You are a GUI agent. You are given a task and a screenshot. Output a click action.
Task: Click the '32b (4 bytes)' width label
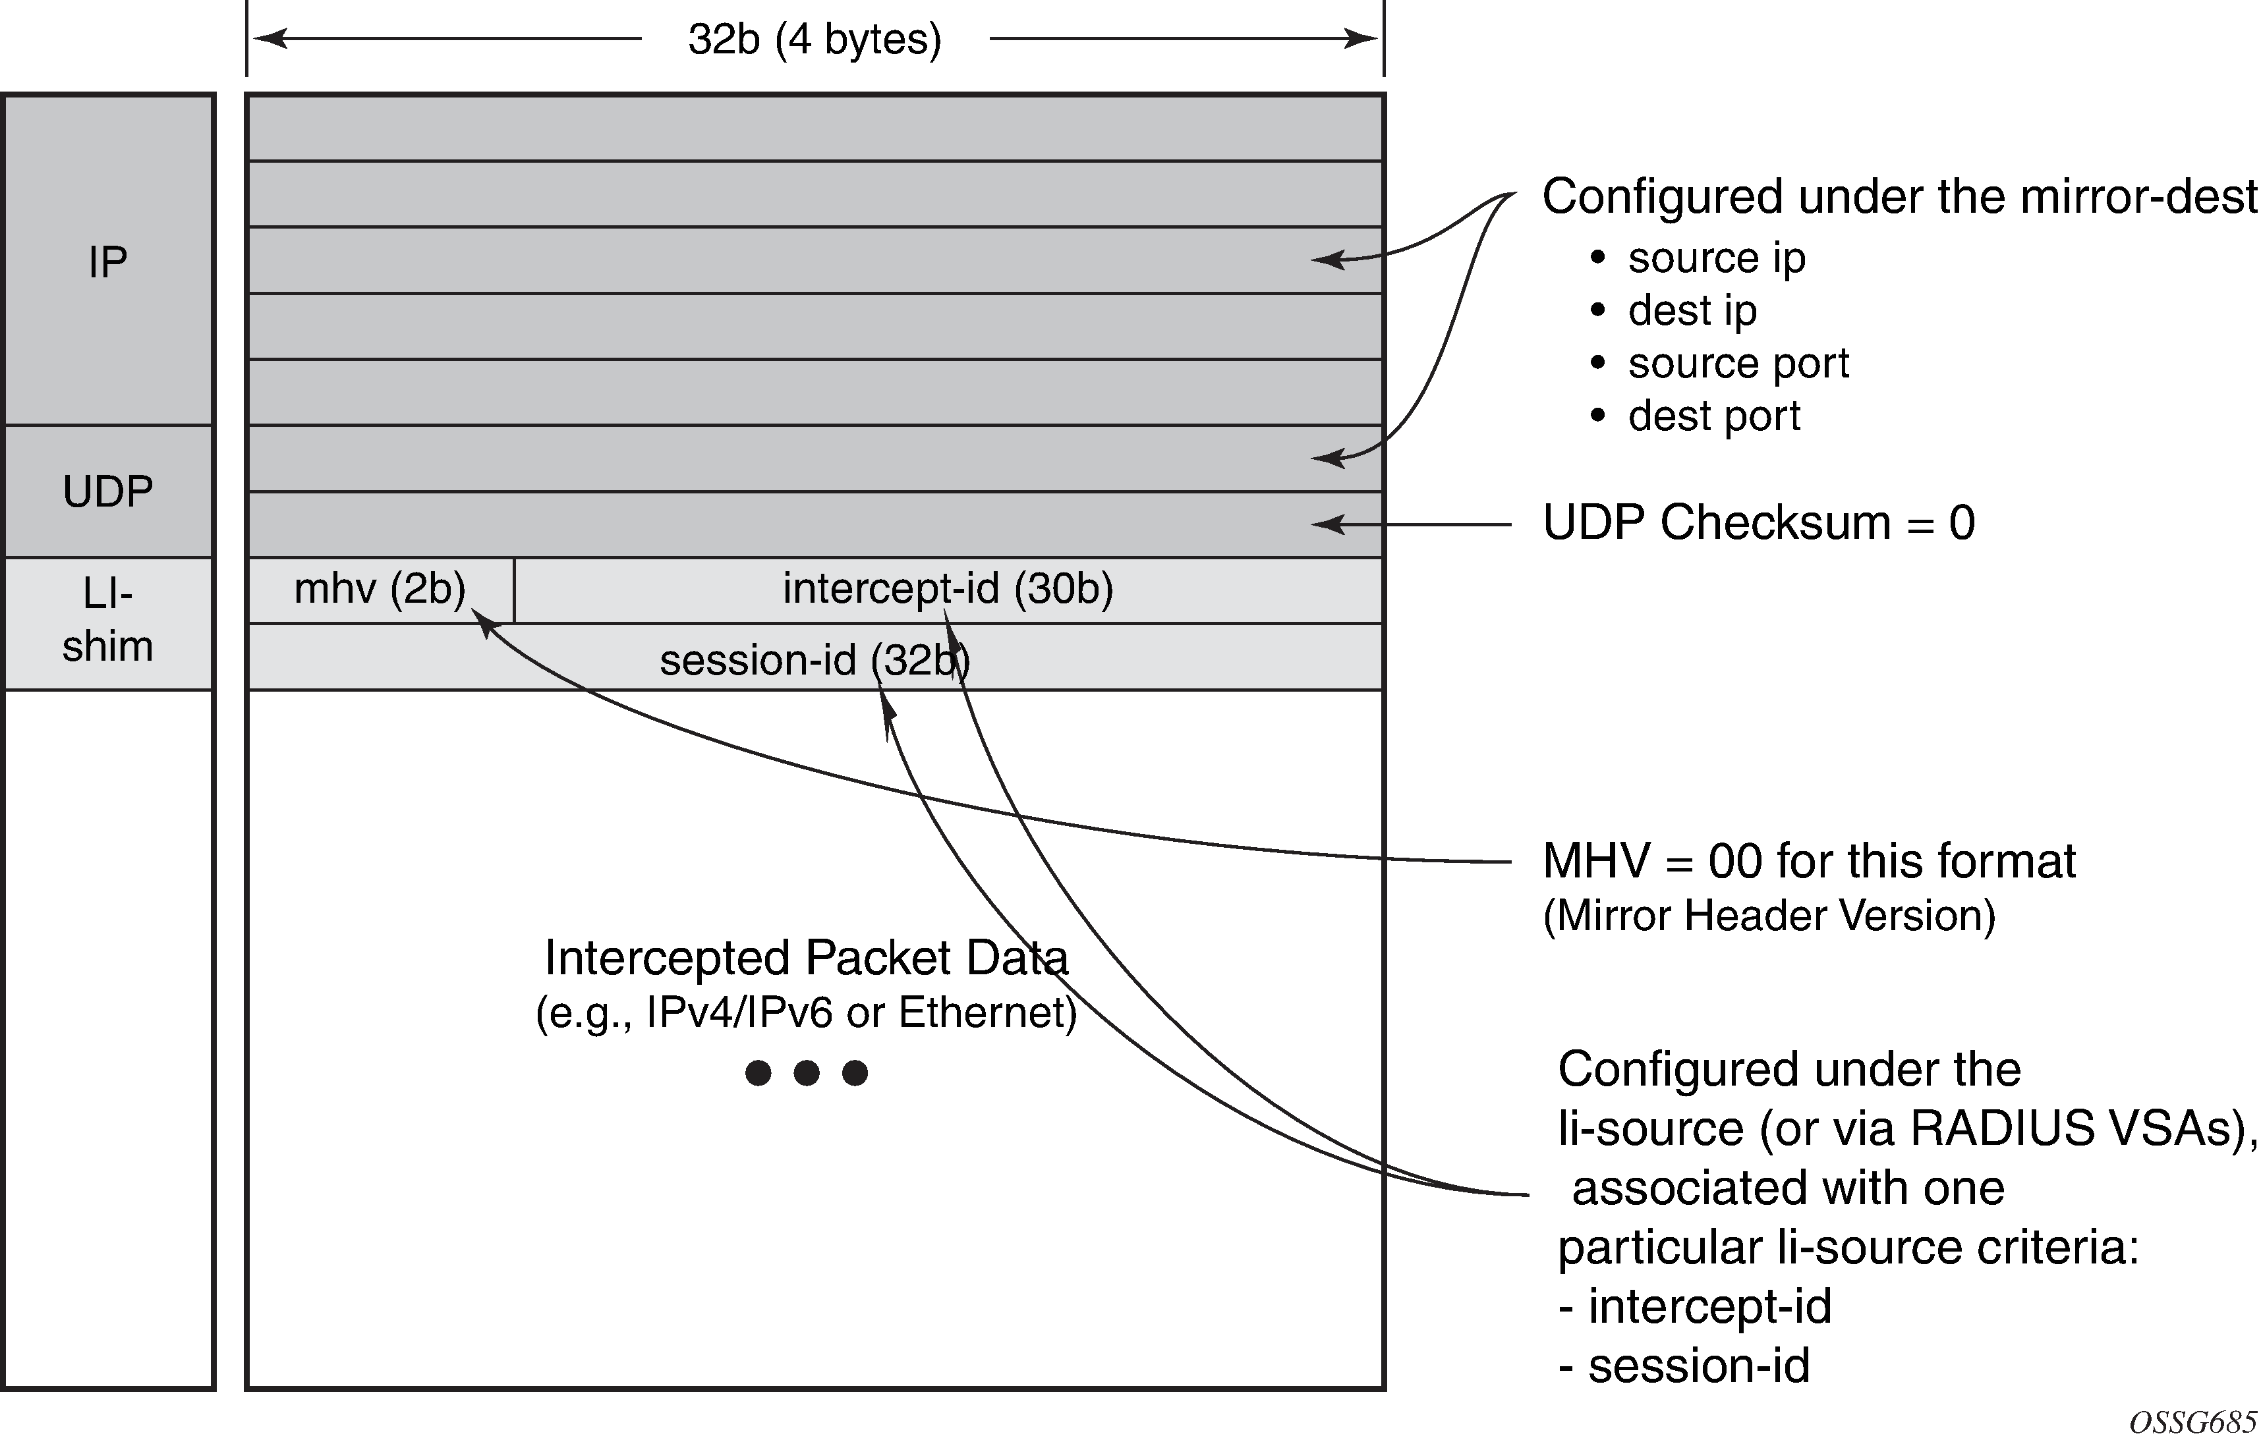pyautogui.click(x=814, y=40)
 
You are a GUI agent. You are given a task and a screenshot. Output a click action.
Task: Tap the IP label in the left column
pyautogui.click(x=108, y=262)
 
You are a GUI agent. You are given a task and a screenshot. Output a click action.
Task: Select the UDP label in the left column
pyautogui.click(x=108, y=491)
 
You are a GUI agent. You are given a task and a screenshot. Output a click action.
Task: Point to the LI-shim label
pyautogui.click(x=108, y=620)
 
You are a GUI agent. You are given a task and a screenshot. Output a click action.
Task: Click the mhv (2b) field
pyautogui.click(x=380, y=590)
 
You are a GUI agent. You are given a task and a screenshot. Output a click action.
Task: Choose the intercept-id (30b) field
pyautogui.click(x=948, y=590)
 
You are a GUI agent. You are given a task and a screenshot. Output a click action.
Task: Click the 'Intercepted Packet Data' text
pyautogui.click(x=807, y=958)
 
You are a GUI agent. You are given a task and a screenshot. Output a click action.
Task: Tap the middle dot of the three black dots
pyautogui.click(x=807, y=1072)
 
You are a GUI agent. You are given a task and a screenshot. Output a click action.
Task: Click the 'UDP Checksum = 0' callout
pyautogui.click(x=1759, y=523)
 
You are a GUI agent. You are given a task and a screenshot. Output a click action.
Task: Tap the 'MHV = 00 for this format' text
pyautogui.click(x=1810, y=861)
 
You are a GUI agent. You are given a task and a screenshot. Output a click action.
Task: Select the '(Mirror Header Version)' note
pyautogui.click(x=1769, y=915)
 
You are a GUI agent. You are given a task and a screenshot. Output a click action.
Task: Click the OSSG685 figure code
pyautogui.click(x=2192, y=1422)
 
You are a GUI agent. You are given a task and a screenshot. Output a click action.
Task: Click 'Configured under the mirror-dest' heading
pyautogui.click(x=1899, y=197)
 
